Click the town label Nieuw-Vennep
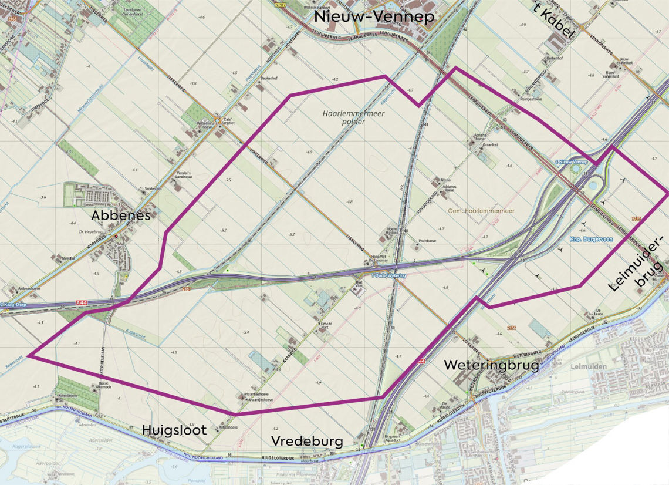pyautogui.click(x=374, y=16)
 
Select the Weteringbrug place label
pyautogui.click(x=491, y=365)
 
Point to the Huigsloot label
pyautogui.click(x=174, y=430)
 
